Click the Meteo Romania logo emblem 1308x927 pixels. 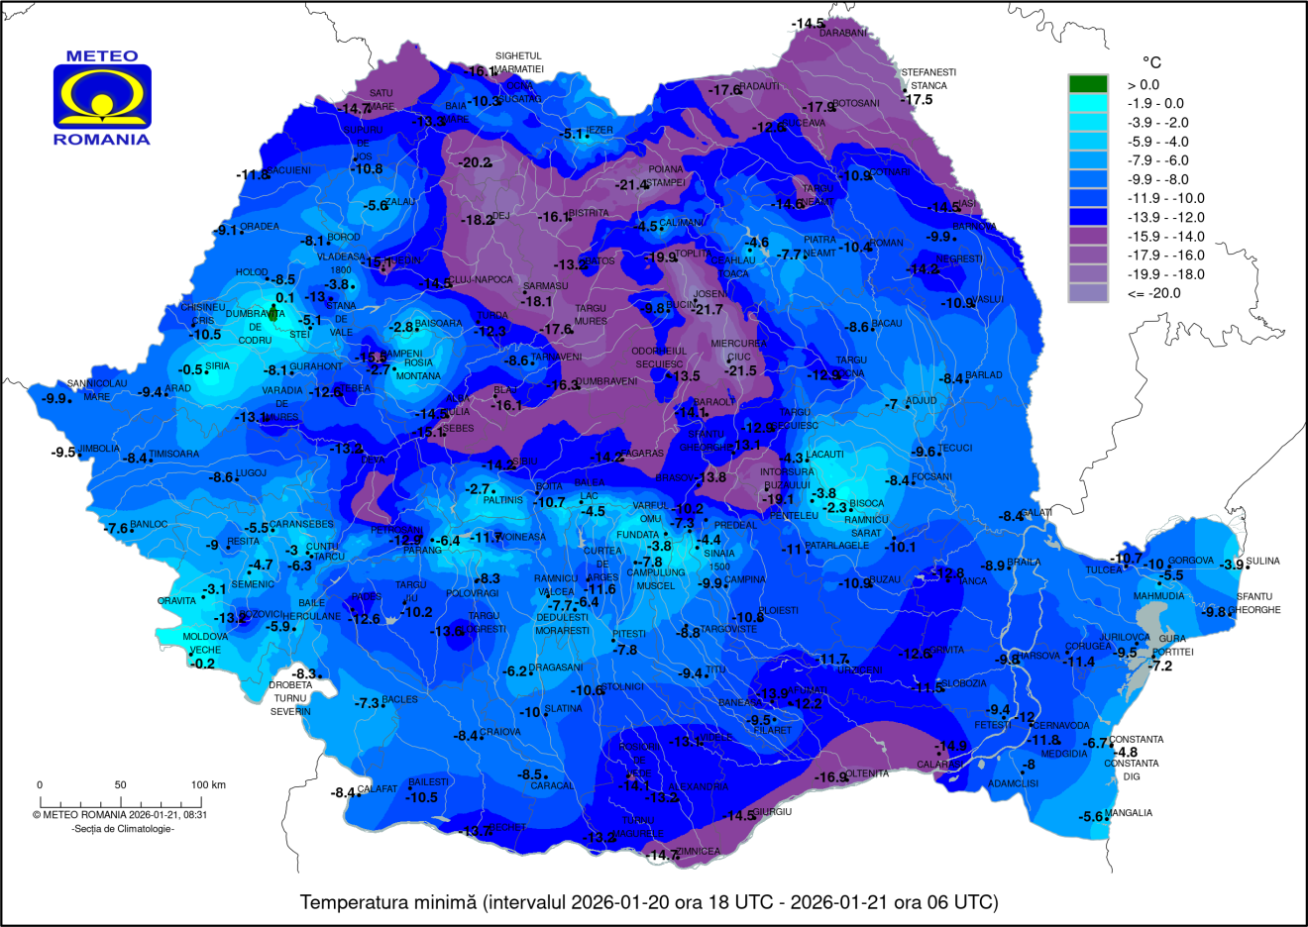[x=102, y=96]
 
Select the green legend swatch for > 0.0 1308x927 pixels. [x=1087, y=84]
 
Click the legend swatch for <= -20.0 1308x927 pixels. [x=1087, y=293]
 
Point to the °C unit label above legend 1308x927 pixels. [x=1151, y=61]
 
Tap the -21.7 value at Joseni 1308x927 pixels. [x=709, y=310]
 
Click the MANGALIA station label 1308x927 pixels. [x=1130, y=813]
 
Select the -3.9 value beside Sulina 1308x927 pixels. [x=1232, y=565]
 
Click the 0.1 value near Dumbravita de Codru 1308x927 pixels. [x=285, y=297]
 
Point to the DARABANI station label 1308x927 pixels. [x=842, y=34]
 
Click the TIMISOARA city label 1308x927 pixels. [x=174, y=455]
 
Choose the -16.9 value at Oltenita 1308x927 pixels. [x=830, y=777]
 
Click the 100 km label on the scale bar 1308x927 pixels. [x=208, y=785]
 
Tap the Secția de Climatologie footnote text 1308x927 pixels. [x=123, y=829]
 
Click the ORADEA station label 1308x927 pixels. [x=260, y=227]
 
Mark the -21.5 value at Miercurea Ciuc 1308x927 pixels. [x=740, y=370]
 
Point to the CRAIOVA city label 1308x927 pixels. [x=500, y=732]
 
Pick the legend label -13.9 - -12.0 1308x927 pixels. [x=1166, y=217]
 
